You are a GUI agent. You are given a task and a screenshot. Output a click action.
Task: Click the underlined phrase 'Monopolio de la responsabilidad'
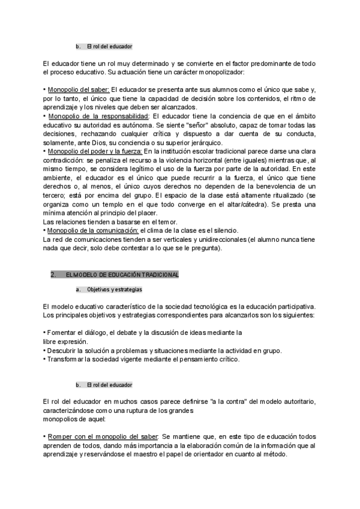97,115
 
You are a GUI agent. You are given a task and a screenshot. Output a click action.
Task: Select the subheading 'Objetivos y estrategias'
115,289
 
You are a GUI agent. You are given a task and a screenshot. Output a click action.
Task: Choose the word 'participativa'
295,306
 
